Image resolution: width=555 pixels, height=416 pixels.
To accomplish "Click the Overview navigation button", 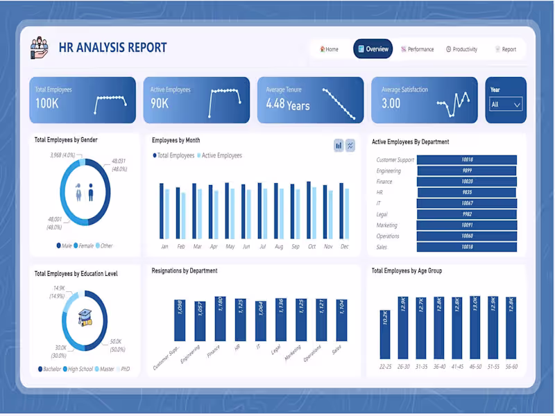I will pyautogui.click(x=373, y=49).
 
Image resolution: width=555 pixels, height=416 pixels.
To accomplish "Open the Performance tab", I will pyautogui.click(x=417, y=49).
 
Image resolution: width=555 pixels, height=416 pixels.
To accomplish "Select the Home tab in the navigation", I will pyautogui.click(x=330, y=49).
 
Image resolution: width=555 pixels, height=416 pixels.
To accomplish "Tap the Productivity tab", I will pyautogui.click(x=461, y=49).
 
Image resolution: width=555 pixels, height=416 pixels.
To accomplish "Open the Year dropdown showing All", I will pyautogui.click(x=506, y=105).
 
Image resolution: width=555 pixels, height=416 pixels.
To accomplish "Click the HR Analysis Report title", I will pyautogui.click(x=112, y=48).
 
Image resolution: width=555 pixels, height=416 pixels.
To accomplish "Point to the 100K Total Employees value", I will pyautogui.click(x=47, y=103).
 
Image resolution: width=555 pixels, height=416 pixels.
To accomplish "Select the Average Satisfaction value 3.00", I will pyautogui.click(x=391, y=103).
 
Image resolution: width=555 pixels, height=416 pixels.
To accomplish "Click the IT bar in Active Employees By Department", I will pyautogui.click(x=467, y=203).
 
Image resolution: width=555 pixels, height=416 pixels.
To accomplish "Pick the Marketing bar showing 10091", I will pyautogui.click(x=467, y=225).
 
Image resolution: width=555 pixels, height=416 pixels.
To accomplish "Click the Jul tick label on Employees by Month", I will pyautogui.click(x=262, y=247).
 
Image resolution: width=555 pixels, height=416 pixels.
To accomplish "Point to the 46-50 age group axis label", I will pyautogui.click(x=475, y=366).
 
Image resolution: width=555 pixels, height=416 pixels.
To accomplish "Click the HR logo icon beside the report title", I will pyautogui.click(x=40, y=48).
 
